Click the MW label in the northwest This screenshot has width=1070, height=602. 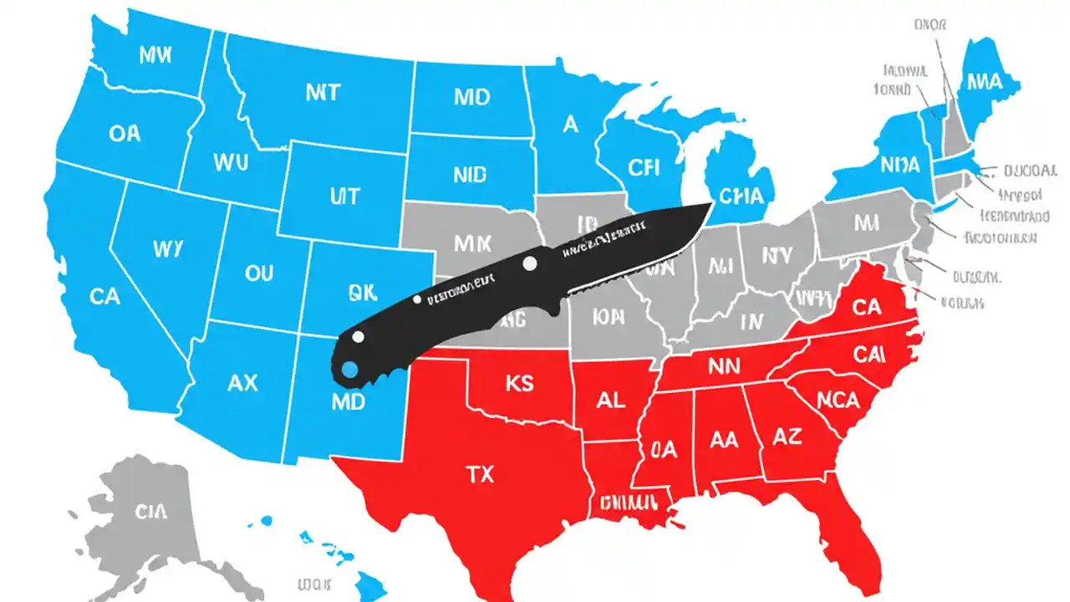[154, 55]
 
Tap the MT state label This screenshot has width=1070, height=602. [323, 92]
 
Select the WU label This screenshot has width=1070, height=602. [231, 161]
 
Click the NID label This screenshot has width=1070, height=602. [470, 175]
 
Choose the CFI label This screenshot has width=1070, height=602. [644, 168]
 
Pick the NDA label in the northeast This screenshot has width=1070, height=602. [900, 164]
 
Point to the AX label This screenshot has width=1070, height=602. [242, 383]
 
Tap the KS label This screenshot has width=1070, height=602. [519, 384]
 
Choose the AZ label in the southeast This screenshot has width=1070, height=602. [787, 437]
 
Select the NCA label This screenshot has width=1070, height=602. [838, 400]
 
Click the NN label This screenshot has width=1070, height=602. [725, 365]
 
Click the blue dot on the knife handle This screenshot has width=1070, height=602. [349, 369]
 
